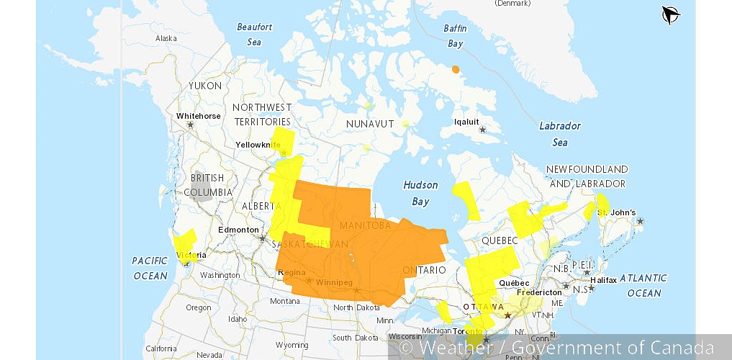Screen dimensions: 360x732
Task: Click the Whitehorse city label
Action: point(199,116)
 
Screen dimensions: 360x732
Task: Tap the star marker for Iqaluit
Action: point(483,130)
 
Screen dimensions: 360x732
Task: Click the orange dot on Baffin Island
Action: point(455,69)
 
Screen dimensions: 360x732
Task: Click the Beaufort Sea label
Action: point(255,34)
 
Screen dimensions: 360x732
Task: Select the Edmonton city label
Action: point(238,230)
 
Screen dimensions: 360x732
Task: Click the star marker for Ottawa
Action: point(507,315)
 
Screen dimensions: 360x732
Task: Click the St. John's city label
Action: point(617,212)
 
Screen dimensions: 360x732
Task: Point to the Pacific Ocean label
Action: point(150,267)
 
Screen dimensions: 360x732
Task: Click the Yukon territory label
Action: point(205,86)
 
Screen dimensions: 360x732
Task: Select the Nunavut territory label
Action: point(370,124)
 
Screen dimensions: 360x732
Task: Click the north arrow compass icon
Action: point(671,15)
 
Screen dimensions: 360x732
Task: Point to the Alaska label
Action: point(166,38)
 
